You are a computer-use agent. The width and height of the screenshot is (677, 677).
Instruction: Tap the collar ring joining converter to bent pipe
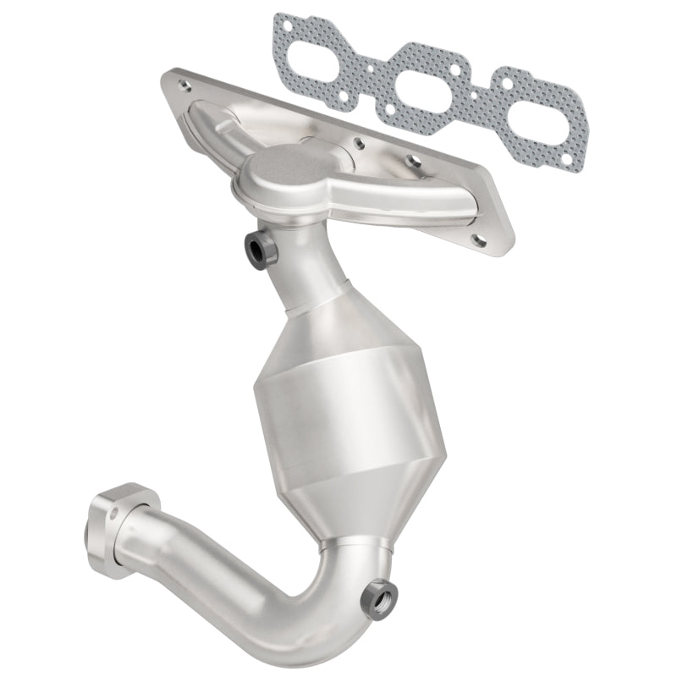pyautogui.click(x=354, y=542)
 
